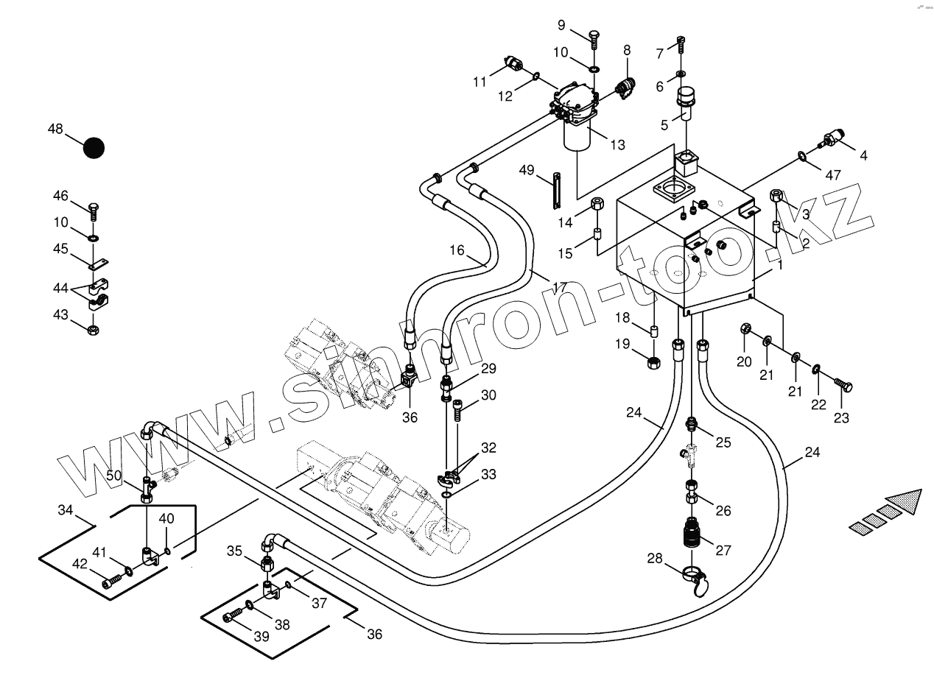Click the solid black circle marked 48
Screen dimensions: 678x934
click(94, 148)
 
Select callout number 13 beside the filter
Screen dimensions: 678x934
click(617, 145)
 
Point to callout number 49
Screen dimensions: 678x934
click(526, 171)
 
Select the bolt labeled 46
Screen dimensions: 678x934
click(93, 211)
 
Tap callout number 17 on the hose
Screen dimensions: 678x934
click(559, 286)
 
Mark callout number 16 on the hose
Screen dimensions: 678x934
click(457, 250)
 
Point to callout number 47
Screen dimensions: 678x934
click(832, 175)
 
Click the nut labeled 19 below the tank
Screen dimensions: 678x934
click(653, 361)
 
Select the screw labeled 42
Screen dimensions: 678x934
click(110, 582)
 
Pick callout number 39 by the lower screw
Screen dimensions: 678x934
click(261, 637)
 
